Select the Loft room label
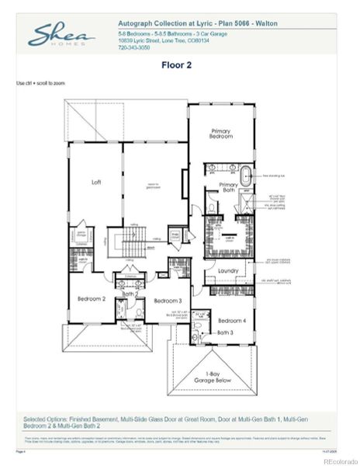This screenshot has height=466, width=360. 96,183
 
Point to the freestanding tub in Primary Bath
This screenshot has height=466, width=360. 246,176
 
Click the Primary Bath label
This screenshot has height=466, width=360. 228,187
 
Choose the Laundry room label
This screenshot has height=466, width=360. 228,270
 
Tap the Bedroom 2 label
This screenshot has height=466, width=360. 91,298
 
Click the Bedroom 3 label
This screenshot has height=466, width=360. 168,301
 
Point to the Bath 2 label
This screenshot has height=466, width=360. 130,294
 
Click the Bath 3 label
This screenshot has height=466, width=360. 224,332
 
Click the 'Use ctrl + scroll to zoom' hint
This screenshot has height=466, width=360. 40,82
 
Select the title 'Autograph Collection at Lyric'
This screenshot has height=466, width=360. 159,25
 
